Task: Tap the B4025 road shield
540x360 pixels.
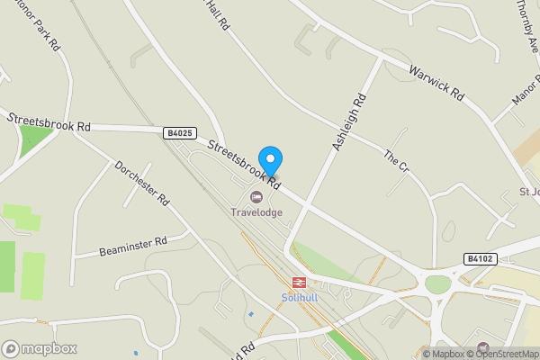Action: coord(180,133)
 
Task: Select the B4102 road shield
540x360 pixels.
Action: coord(480,258)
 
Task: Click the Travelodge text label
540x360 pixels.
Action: coord(256,212)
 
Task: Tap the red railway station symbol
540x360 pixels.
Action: coord(300,283)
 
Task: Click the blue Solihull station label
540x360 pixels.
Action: coord(300,298)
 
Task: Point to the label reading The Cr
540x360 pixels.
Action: coord(396,163)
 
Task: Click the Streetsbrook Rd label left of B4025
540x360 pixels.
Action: coord(49,122)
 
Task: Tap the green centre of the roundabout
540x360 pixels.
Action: coord(437,284)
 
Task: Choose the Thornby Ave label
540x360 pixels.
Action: coord(527,27)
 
